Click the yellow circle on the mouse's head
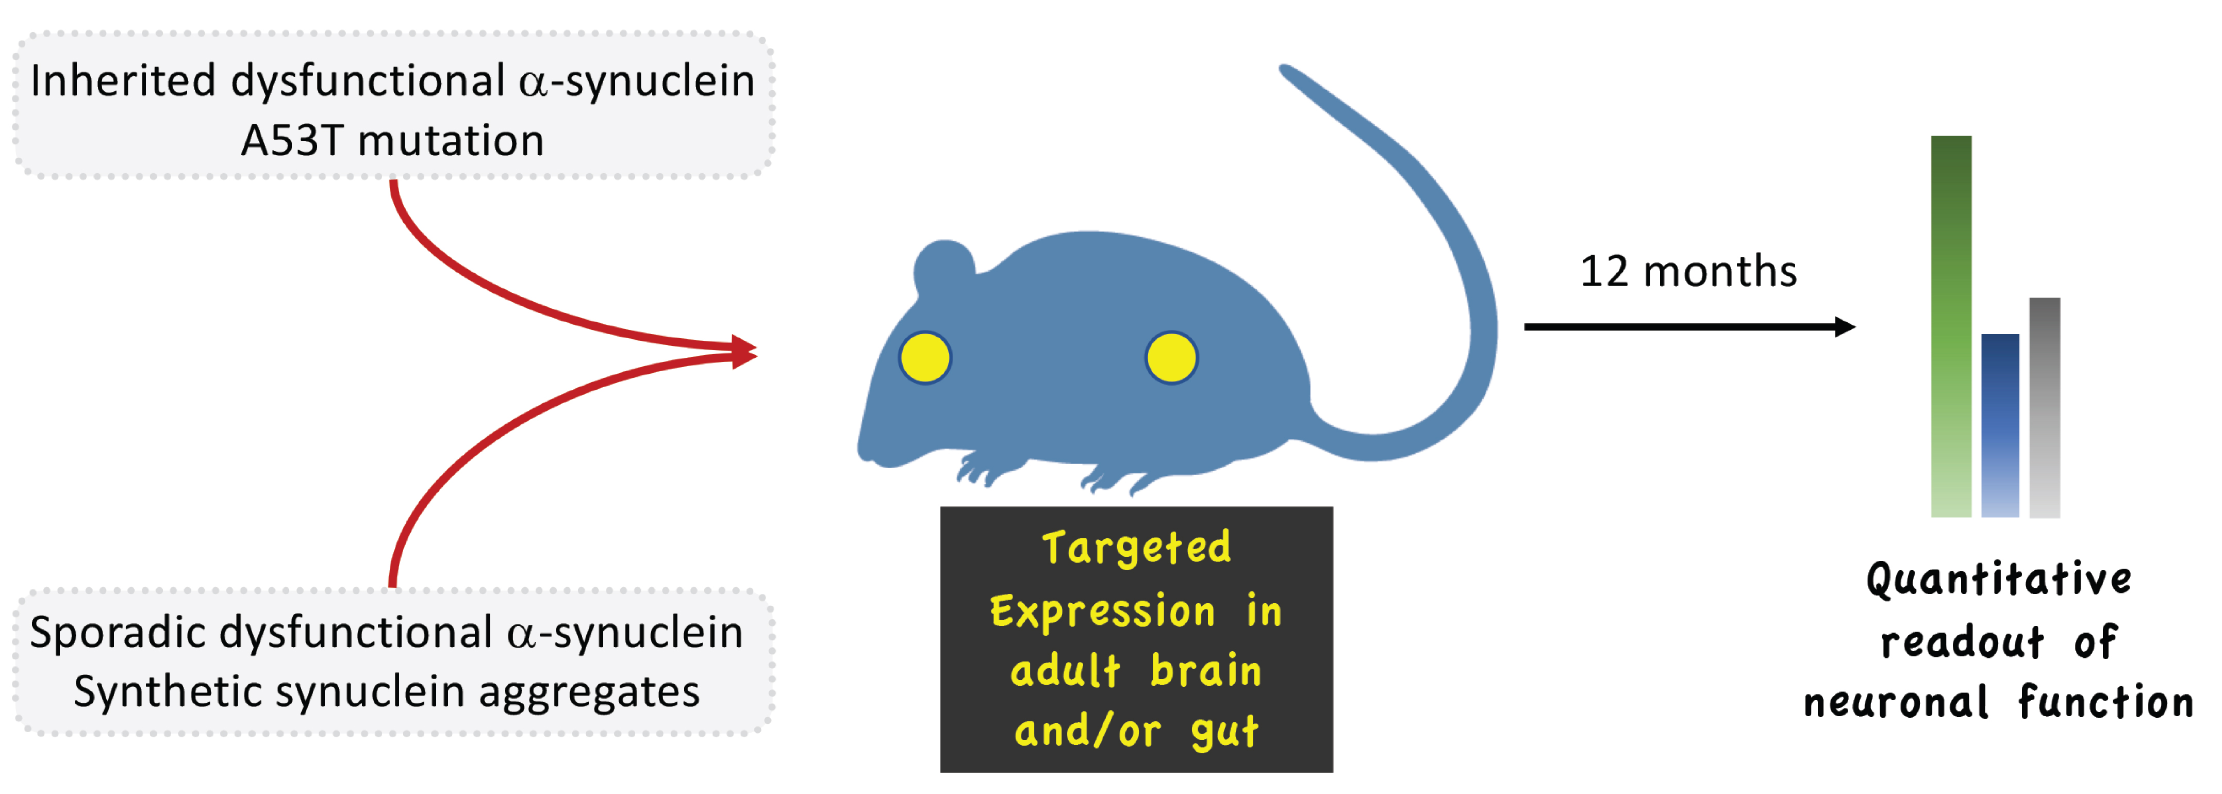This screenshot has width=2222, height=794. point(925,357)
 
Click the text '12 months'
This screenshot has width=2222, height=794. point(1688,271)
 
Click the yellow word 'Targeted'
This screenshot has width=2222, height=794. point(1136,548)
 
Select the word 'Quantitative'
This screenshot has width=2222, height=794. point(1999,579)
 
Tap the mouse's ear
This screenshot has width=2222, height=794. point(943,266)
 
